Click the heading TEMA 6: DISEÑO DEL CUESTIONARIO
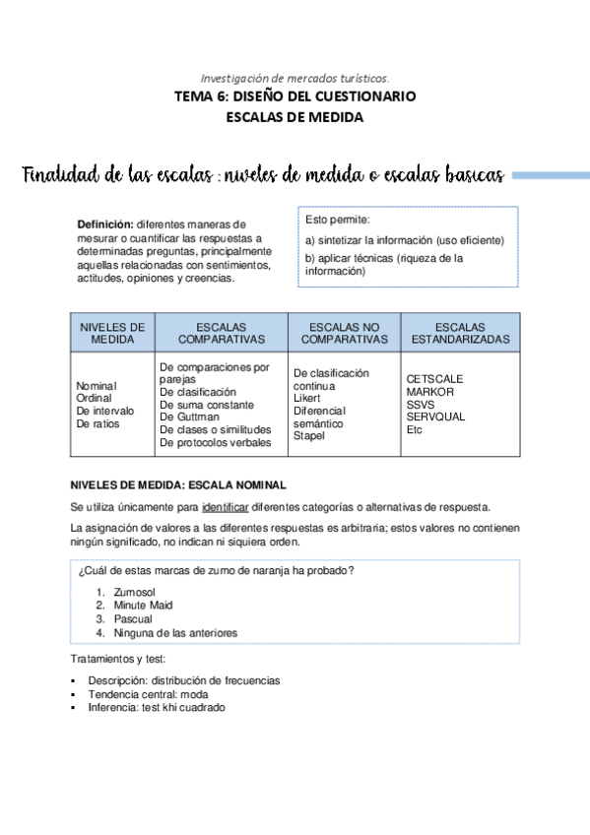[295, 96]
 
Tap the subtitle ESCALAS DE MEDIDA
[295, 117]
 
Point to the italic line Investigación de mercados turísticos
[295, 77]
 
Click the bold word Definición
[105, 225]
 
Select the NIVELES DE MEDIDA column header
[112, 333]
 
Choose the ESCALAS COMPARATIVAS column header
[222, 333]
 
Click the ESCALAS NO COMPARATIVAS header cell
[344, 333]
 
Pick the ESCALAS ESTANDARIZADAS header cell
[460, 333]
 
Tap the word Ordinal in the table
[95, 398]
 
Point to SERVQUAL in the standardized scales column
[435, 417]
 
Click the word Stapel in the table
[309, 436]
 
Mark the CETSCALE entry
[434, 379]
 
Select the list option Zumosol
[137, 592]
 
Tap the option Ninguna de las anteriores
[175, 633]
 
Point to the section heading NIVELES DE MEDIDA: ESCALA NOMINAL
[178, 485]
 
